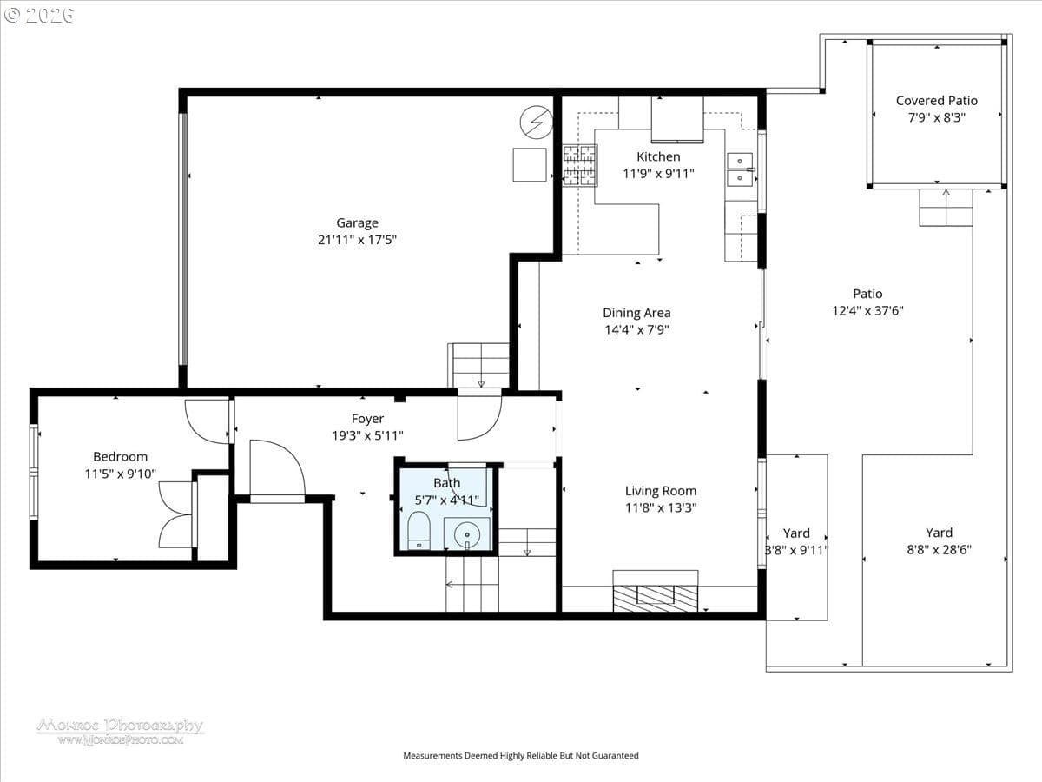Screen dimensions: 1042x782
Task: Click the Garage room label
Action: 357,222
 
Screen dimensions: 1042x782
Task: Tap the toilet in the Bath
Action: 419,530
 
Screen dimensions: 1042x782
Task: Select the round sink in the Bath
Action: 467,534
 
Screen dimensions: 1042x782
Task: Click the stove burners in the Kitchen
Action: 580,165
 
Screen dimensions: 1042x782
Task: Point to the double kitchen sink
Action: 740,169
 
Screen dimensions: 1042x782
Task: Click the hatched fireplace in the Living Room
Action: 655,599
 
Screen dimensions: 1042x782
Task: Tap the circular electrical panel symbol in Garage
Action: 537,122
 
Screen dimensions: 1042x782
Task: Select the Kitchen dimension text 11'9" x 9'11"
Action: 658,174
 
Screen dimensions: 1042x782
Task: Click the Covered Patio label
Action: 936,101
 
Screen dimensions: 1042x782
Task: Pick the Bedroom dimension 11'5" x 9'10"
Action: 120,474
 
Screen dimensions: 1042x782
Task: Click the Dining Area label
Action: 636,313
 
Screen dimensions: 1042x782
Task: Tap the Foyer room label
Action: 367,419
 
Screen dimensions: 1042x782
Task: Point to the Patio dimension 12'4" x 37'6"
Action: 867,311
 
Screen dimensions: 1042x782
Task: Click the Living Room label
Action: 660,491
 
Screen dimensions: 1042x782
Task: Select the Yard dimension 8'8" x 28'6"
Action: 939,550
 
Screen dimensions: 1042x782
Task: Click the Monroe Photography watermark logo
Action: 120,732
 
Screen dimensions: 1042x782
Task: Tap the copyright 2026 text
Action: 39,16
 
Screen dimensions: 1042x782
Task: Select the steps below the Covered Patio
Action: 946,208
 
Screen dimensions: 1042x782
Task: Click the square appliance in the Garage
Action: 530,165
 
